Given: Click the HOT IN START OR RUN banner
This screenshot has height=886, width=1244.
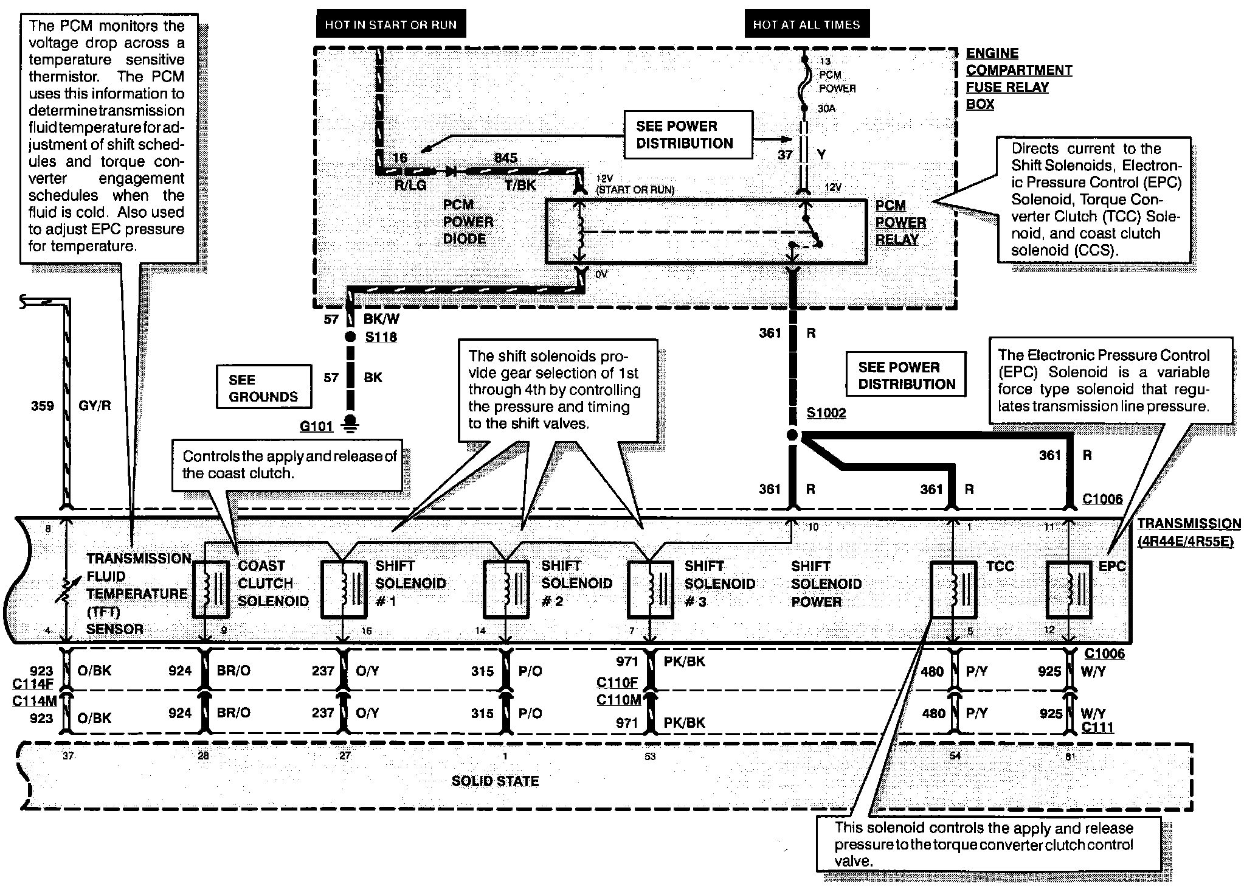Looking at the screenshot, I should (x=390, y=25).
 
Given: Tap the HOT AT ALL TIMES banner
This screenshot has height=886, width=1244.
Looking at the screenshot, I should (x=806, y=25).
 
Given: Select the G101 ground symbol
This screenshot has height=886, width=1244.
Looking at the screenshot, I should (x=351, y=424).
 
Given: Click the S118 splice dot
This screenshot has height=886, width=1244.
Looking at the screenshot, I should (x=350, y=337).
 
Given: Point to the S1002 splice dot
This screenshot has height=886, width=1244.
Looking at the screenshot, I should (x=792, y=435).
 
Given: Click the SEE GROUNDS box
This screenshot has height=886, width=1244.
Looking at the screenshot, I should (x=264, y=387).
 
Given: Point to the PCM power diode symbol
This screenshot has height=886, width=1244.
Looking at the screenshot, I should (x=452, y=172).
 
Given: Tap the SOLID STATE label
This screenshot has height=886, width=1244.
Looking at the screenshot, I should (x=495, y=781).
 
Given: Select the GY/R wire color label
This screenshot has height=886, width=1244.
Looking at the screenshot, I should (x=95, y=405).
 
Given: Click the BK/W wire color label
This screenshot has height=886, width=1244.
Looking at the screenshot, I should (x=381, y=319).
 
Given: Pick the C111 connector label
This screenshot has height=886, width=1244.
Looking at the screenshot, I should (x=1097, y=727).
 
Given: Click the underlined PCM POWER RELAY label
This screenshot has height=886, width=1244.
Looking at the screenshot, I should (x=900, y=222).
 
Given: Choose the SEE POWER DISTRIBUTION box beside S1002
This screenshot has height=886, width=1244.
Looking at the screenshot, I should (x=906, y=376).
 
